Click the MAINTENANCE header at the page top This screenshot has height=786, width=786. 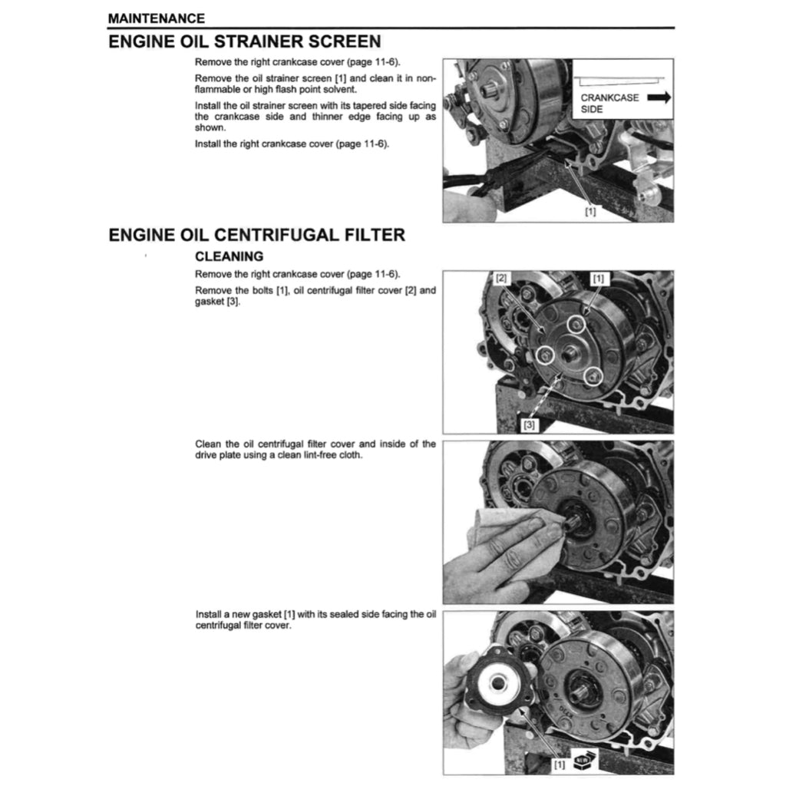pos(157,18)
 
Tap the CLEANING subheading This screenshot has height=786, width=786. pos(229,256)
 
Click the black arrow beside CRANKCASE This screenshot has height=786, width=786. pos(659,97)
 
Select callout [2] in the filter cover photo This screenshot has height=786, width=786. pos(501,277)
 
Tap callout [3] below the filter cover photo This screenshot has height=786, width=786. pos(530,424)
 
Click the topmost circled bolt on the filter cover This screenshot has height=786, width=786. pos(576,325)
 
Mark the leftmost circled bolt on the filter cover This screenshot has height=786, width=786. pos(545,355)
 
